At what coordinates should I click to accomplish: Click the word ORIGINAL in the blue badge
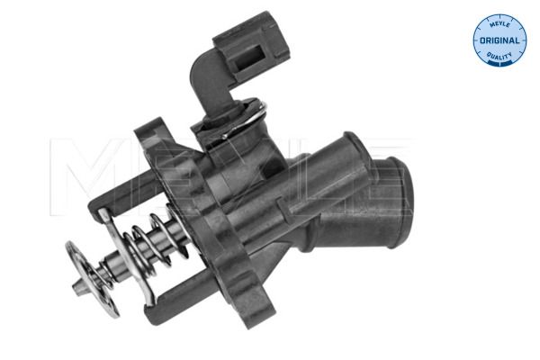(x=499, y=41)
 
